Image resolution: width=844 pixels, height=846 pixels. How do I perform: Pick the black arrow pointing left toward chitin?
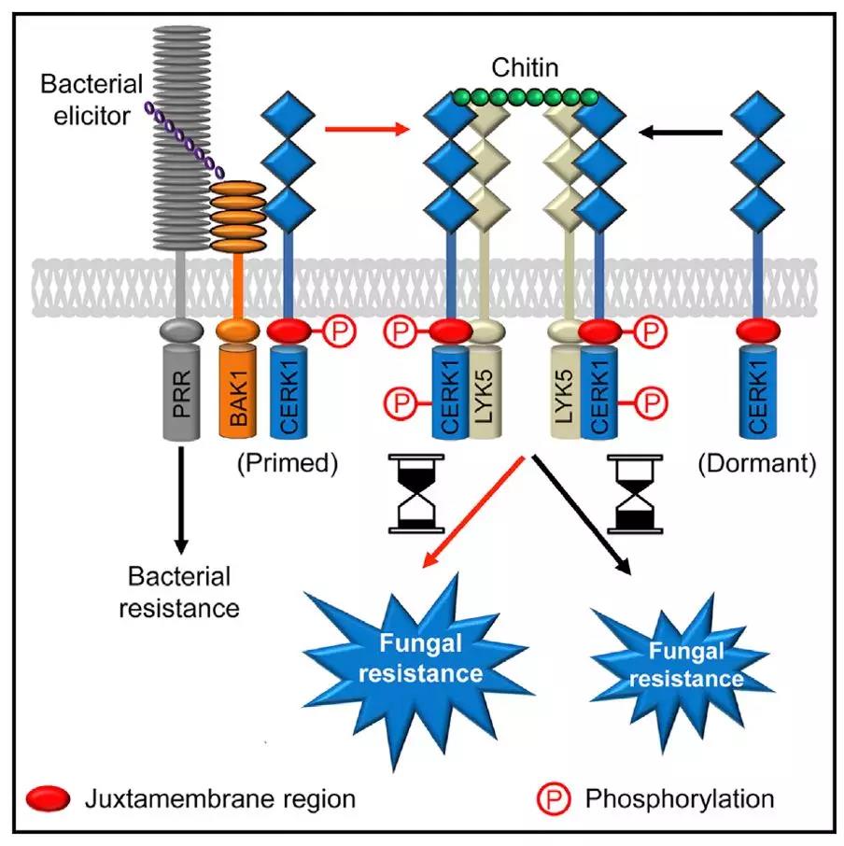(686, 133)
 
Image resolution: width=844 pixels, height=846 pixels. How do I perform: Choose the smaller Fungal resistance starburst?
(685, 663)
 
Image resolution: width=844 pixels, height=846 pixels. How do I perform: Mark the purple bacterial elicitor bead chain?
(183, 137)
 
